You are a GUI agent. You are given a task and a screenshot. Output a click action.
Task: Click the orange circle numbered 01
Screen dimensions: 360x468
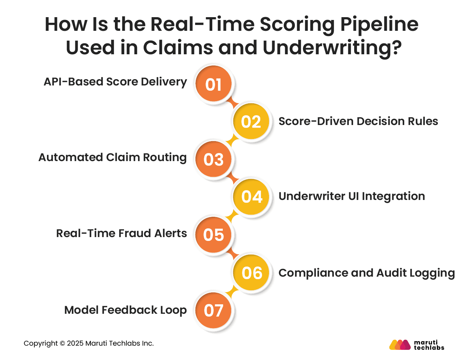point(213,84)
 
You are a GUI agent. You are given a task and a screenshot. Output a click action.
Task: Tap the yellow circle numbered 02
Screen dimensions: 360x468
point(251,122)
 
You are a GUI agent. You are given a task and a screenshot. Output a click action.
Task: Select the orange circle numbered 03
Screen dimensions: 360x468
point(213,159)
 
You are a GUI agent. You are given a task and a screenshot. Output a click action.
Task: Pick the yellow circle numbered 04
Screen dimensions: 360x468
point(252,196)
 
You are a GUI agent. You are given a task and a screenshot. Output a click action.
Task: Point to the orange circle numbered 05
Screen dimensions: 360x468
point(213,234)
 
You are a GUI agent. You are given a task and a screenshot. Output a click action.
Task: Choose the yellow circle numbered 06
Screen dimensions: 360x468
point(252,273)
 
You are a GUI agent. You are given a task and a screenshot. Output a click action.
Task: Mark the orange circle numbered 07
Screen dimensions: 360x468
point(213,310)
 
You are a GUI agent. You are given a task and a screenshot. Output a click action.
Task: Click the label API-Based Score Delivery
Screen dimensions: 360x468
point(115,82)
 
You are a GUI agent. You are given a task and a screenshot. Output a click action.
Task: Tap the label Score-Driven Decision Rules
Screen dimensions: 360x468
point(358,121)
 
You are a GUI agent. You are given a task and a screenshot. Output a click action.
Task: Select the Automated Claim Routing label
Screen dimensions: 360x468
point(112,157)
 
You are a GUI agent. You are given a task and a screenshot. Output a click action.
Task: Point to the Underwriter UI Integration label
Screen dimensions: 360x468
point(351,196)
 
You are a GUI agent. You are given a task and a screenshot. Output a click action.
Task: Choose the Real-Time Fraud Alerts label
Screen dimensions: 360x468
point(121,233)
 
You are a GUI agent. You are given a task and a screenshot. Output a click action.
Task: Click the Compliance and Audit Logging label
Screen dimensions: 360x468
point(366,273)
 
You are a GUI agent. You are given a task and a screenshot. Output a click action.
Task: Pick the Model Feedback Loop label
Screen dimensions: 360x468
point(125,310)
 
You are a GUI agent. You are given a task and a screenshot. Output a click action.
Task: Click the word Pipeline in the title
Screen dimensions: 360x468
point(379,25)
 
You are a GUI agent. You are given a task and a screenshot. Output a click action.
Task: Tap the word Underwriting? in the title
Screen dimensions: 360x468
point(332,48)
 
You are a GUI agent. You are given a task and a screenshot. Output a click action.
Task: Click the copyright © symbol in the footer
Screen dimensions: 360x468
point(62,344)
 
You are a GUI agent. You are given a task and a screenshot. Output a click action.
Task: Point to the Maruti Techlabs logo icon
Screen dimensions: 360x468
point(400,345)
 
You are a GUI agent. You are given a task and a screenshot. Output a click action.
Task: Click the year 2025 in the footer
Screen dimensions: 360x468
point(75,344)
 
